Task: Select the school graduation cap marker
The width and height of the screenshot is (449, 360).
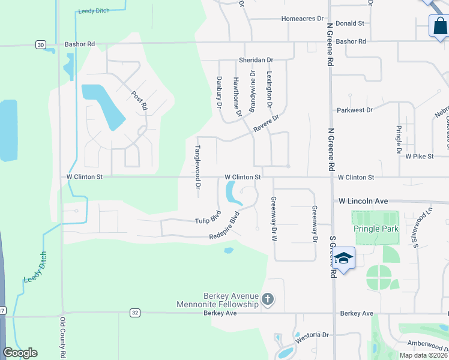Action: coord(344,259)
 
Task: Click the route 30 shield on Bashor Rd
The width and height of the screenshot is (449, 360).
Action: coord(40,44)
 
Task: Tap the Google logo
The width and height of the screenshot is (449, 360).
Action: coord(20,353)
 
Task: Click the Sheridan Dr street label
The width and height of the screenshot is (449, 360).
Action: coord(256,61)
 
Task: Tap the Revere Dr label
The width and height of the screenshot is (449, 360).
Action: coord(266,124)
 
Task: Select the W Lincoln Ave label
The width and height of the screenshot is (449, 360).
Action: coord(364,202)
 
